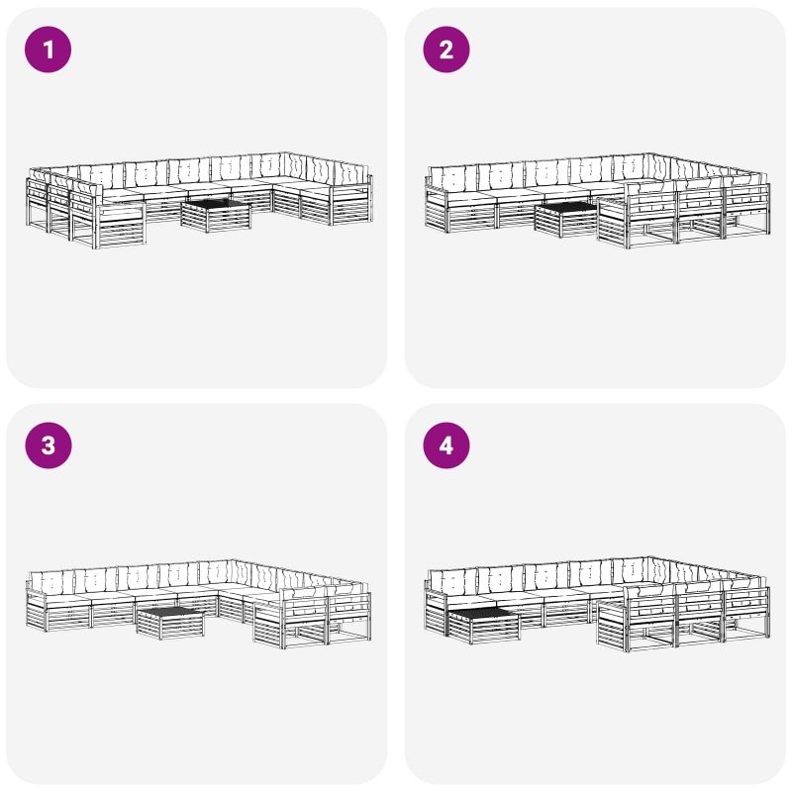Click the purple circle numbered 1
tap(48, 49)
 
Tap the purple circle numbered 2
tap(446, 49)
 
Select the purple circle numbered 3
tap(48, 445)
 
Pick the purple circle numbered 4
tap(446, 445)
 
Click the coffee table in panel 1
tap(216, 216)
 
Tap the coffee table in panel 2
tap(567, 219)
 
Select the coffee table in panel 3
tap(170, 624)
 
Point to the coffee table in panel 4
tap(484, 626)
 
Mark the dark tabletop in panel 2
tap(567, 208)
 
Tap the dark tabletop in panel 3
tap(170, 613)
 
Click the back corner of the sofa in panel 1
tap(285, 152)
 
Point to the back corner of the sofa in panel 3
tap(233, 559)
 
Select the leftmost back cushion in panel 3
tap(52, 583)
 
